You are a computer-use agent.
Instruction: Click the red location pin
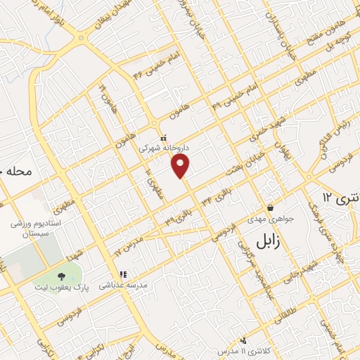181,166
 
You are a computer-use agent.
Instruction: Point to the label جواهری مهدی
271,219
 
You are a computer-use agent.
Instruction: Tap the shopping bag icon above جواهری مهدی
271,207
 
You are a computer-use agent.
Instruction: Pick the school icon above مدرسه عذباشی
122,274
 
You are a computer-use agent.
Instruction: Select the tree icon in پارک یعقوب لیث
61,276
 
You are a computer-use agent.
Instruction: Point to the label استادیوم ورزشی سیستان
28,228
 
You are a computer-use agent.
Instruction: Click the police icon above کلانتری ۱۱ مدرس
243,340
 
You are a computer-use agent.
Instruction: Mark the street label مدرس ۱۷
127,243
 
